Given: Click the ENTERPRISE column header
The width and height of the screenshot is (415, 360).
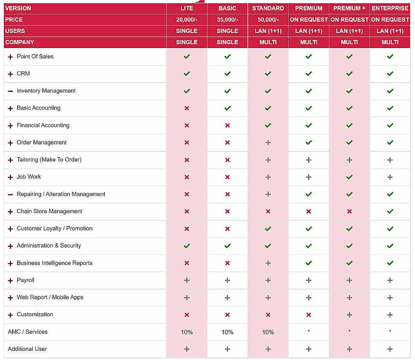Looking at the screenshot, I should [x=390, y=8].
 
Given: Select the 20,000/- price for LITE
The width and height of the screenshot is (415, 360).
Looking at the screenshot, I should [x=187, y=19].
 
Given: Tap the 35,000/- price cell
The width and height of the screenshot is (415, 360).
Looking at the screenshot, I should [x=227, y=19].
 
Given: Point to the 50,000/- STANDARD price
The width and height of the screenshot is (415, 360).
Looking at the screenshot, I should [x=268, y=19].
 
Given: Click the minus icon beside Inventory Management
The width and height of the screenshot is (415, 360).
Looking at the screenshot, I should [x=10, y=91].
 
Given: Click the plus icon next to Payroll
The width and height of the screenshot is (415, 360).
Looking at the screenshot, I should [x=10, y=281].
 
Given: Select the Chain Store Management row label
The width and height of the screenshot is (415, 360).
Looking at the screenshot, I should [x=49, y=211].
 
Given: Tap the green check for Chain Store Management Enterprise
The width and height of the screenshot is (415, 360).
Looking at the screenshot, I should [x=390, y=212].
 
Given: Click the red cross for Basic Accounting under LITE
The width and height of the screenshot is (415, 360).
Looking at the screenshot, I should [x=187, y=109].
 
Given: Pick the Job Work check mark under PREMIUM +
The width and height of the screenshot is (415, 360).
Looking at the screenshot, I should [x=349, y=177].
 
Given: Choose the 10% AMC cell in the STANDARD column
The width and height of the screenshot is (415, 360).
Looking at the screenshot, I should [x=268, y=332].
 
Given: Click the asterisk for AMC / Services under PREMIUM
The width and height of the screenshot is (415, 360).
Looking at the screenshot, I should [x=308, y=332].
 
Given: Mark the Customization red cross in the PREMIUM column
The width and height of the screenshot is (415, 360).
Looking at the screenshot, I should [x=308, y=315].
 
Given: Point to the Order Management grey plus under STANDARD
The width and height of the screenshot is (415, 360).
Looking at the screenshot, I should [x=268, y=143].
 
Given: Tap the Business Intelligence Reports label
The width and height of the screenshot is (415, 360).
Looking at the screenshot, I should [x=54, y=263].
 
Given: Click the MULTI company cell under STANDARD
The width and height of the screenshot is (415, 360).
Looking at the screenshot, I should [x=268, y=42].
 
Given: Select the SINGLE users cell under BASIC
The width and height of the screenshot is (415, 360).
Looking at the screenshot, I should [x=227, y=31].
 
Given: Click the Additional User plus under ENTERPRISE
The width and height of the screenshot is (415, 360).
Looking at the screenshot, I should [x=390, y=349].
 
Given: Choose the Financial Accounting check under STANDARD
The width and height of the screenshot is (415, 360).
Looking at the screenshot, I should [x=268, y=126].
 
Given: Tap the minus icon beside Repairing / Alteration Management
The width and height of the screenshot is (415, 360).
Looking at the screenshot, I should [x=10, y=195].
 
